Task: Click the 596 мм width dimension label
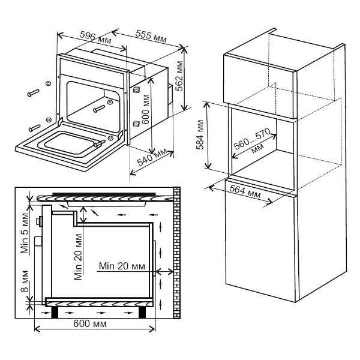pyautogui.click(x=95, y=38)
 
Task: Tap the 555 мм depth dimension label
pyautogui.click(x=151, y=36)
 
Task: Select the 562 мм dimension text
pyautogui.click(x=180, y=76)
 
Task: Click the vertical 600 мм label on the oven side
pyautogui.click(x=145, y=109)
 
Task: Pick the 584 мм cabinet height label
pyautogui.click(x=200, y=135)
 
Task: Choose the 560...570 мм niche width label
pyautogui.click(x=253, y=142)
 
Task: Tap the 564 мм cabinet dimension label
pyautogui.click(x=245, y=192)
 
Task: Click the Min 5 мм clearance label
pyautogui.click(x=25, y=233)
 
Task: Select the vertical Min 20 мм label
pyautogui.click(x=78, y=257)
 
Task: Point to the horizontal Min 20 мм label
pyautogui.click(x=122, y=266)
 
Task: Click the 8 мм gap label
pyautogui.click(x=25, y=281)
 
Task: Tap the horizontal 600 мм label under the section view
pyautogui.click(x=90, y=324)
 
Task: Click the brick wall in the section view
pyautogui.click(x=176, y=253)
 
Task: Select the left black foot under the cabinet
pyautogui.click(x=55, y=313)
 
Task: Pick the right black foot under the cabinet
pyautogui.click(x=142, y=313)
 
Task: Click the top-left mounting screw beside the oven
pyautogui.click(x=33, y=93)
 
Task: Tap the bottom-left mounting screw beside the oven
pyautogui.click(x=34, y=128)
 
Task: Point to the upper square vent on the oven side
pyautogui.click(x=136, y=90)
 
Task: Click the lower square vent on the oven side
pyautogui.click(x=136, y=124)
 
